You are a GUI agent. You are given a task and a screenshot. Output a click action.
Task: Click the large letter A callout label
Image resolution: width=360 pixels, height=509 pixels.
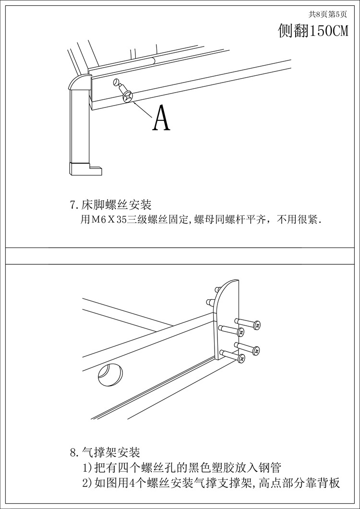point(161,118)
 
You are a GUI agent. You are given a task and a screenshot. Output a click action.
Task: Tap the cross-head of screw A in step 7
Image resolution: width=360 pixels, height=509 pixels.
point(128,98)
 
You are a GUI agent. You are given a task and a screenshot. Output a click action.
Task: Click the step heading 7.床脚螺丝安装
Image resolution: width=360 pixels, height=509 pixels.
point(111,205)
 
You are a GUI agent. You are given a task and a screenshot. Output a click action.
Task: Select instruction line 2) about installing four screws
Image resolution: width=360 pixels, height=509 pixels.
point(212,483)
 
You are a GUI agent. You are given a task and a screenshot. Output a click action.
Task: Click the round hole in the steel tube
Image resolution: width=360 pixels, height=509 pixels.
point(110,375)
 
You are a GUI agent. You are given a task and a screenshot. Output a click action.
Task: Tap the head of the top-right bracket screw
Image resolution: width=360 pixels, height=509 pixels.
point(257,325)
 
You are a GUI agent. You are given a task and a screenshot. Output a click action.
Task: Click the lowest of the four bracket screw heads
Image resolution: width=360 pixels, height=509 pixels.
point(240,358)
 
